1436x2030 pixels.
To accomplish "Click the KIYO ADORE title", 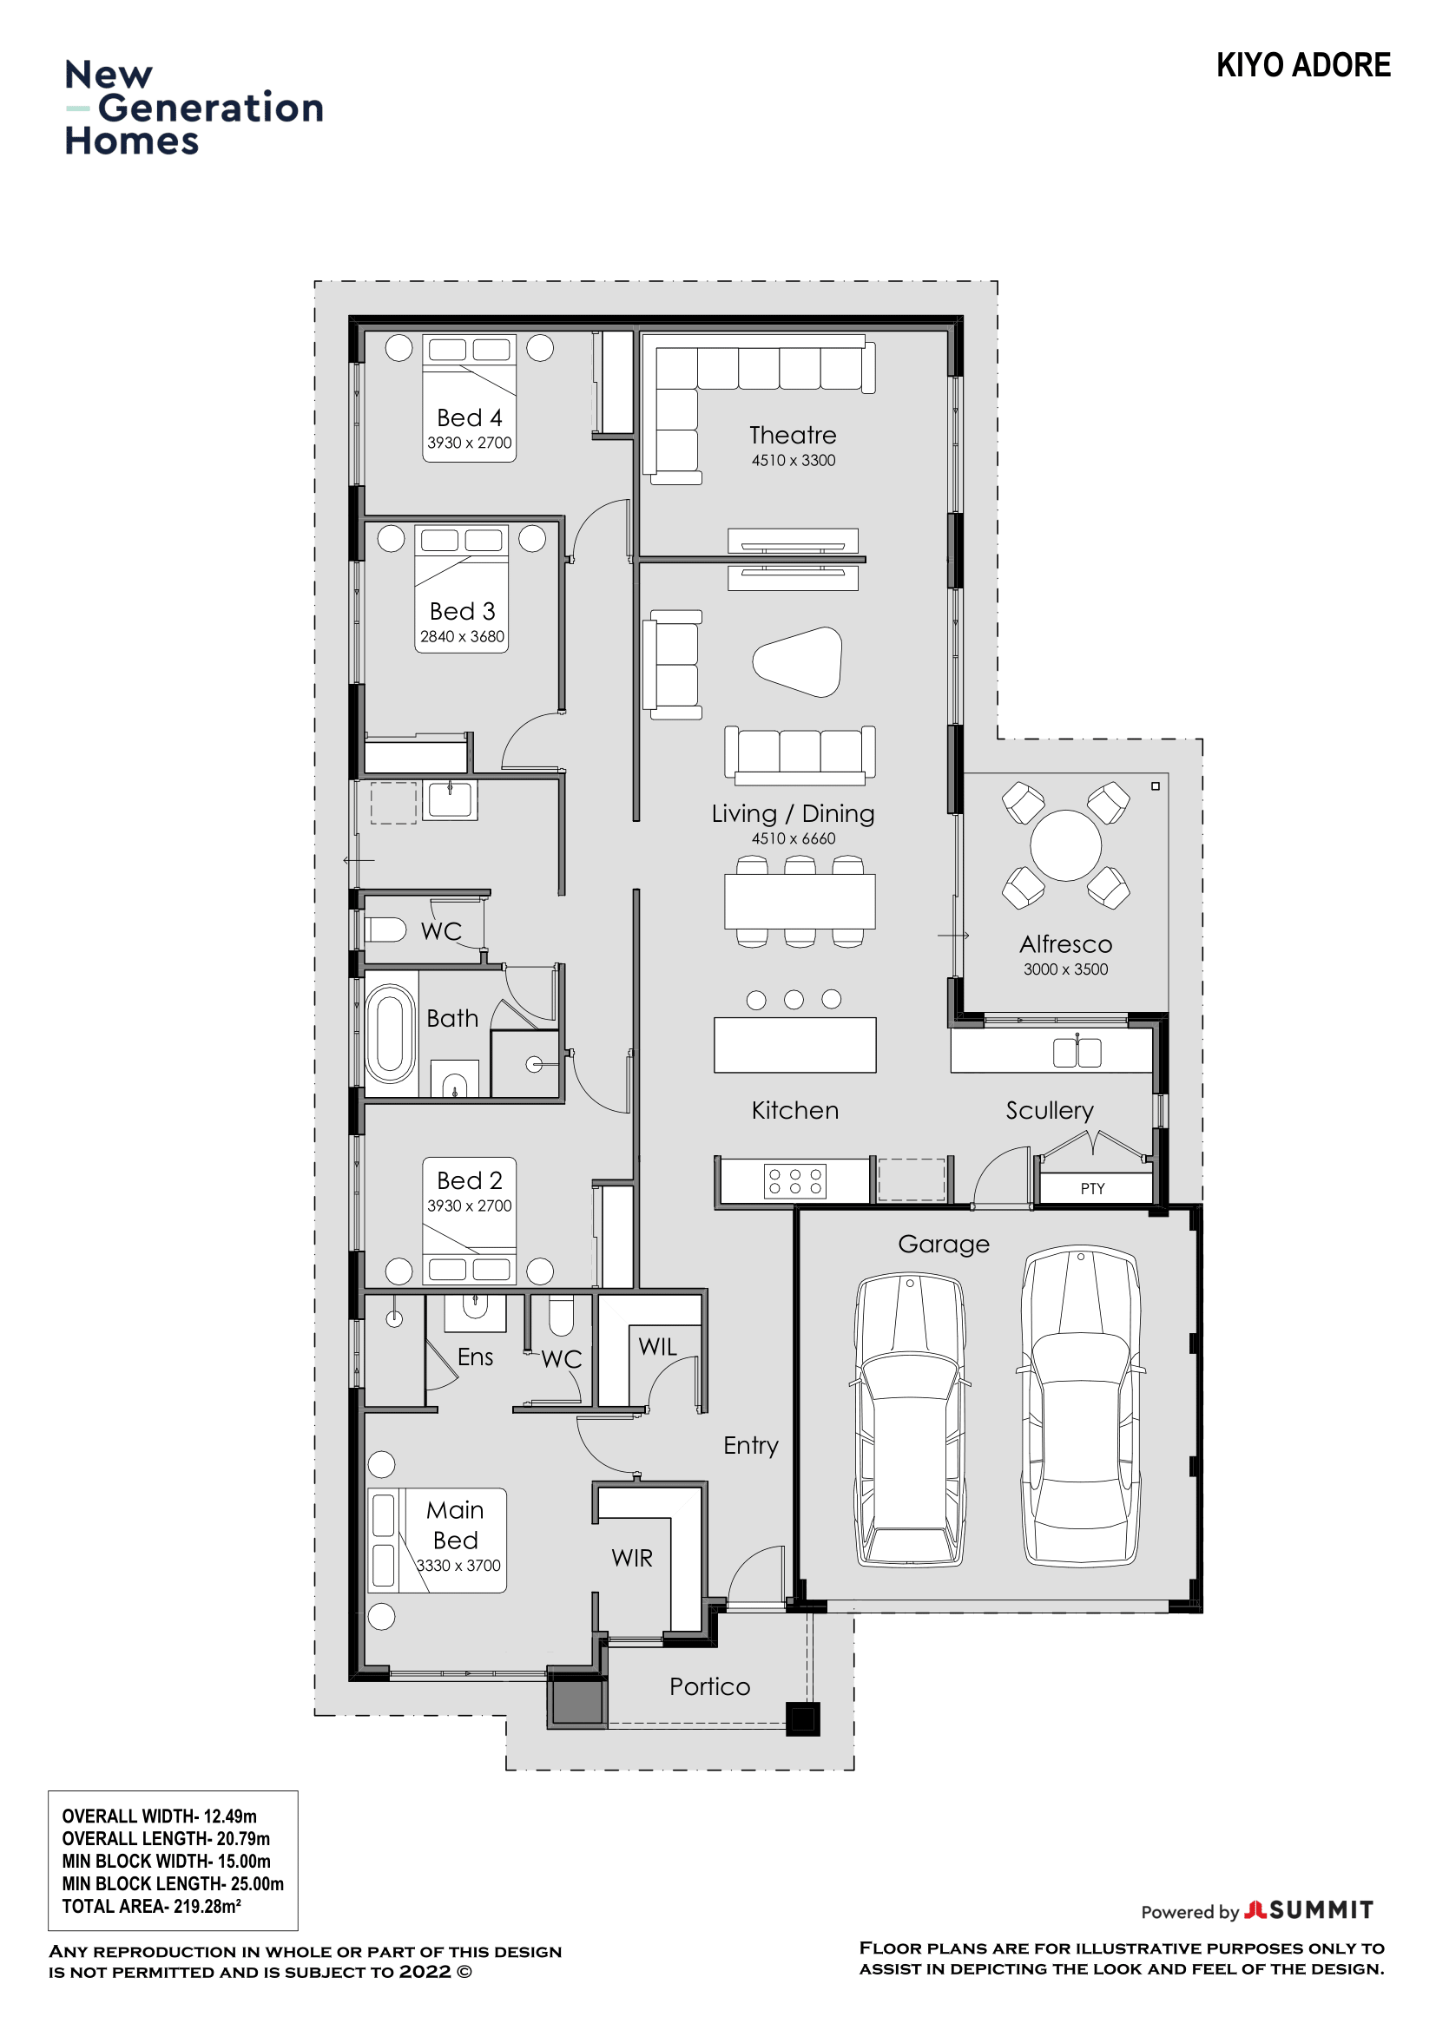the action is point(1302,65).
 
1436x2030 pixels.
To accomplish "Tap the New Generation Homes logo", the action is point(194,108).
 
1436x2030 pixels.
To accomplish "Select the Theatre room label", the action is point(793,435).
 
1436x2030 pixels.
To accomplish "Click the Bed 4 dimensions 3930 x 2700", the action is point(470,442).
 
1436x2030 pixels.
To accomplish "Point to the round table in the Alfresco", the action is point(1065,845).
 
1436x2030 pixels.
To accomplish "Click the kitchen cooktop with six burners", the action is point(794,1181).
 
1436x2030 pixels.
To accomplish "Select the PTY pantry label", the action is point(1092,1188).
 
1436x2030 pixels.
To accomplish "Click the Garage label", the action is point(944,1244).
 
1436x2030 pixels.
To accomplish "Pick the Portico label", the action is point(709,1687).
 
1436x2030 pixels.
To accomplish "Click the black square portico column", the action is point(803,1718).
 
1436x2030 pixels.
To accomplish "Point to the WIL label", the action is point(657,1347).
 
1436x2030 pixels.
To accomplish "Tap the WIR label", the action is point(631,1558).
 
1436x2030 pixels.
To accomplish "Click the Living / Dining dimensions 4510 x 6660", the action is point(794,838).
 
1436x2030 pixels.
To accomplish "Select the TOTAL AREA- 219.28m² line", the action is point(151,1906).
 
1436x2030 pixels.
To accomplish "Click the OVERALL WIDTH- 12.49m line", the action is point(159,1816).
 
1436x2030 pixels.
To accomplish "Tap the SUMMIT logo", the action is point(1308,1910).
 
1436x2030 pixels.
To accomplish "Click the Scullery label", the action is point(1050,1112).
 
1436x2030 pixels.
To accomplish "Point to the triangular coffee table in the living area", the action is point(798,662).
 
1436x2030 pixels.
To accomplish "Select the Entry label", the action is point(751,1447).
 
